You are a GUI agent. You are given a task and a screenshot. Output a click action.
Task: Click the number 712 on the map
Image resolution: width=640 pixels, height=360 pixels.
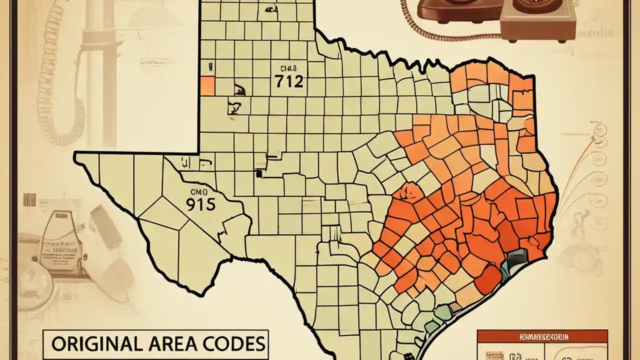[x=289, y=81]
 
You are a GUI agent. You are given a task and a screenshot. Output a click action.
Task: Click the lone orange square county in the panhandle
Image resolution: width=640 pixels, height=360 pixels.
[x=207, y=85]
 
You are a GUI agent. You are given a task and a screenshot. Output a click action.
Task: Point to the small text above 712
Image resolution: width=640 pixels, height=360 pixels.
[x=289, y=68]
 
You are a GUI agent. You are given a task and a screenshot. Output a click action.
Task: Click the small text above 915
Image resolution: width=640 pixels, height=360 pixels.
[x=199, y=191]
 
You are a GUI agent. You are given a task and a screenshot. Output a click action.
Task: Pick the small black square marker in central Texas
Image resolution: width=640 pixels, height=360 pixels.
[x=258, y=174]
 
